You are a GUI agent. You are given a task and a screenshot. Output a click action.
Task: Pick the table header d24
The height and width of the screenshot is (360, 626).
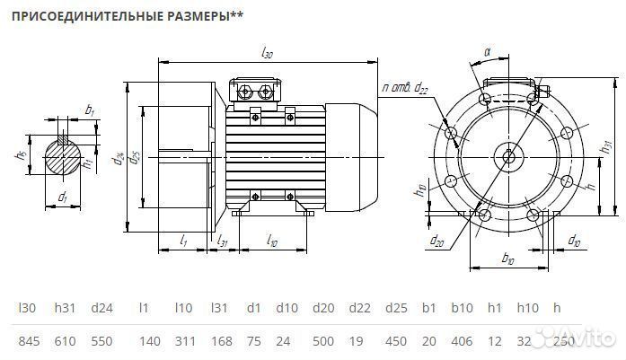pyautogui.click(x=101, y=309)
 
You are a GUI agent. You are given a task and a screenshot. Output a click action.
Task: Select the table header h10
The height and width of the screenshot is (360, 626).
pyautogui.click(x=527, y=309)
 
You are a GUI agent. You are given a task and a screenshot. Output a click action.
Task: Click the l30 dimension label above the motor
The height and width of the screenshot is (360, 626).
pyautogui.click(x=267, y=54)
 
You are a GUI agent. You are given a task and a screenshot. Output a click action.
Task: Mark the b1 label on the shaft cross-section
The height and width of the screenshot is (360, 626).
pyautogui.click(x=90, y=110)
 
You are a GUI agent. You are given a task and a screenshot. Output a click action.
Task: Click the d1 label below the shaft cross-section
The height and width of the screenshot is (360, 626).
pyautogui.click(x=63, y=196)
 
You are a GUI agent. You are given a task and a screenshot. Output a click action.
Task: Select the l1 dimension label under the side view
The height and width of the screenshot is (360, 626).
pyautogui.click(x=183, y=240)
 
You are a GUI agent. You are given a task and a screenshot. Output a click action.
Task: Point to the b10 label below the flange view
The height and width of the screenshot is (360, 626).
pyautogui.click(x=508, y=259)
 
